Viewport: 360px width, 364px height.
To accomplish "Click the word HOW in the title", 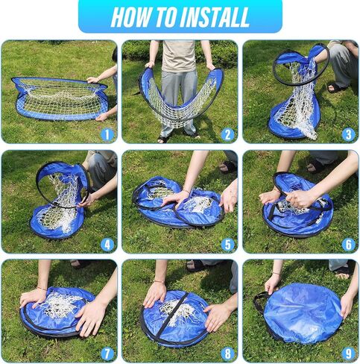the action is click(x=130, y=17).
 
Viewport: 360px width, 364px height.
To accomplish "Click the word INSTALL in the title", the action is click(x=215, y=17).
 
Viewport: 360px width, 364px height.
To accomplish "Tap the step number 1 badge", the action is click(x=107, y=135).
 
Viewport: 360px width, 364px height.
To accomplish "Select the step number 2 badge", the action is click(x=227, y=135).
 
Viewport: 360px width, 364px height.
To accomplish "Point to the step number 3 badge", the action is click(x=348, y=135).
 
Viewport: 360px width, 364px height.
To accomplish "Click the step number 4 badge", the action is click(x=107, y=245).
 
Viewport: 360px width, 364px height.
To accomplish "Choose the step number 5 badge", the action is click(x=227, y=245).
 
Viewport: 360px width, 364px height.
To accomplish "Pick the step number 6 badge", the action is click(x=348, y=245).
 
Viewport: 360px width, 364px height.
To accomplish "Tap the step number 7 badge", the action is click(x=107, y=354).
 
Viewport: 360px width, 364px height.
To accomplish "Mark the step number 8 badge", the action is click(x=227, y=354).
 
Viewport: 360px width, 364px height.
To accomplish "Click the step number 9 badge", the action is click(x=348, y=354).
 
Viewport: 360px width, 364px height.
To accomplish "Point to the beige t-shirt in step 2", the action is click(x=178, y=56).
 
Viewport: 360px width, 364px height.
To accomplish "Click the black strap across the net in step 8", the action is click(x=171, y=316).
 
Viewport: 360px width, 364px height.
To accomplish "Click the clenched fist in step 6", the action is click(x=300, y=199).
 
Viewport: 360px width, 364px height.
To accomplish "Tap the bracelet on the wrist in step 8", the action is click(x=159, y=282).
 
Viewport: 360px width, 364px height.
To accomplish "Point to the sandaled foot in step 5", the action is click(x=227, y=167).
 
